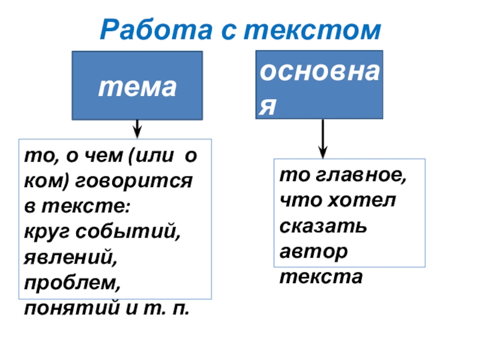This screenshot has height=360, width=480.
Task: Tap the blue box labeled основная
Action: click(319, 84)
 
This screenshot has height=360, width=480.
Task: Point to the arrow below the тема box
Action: click(137, 128)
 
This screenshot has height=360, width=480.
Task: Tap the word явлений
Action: click(70, 257)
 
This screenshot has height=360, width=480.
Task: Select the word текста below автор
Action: click(322, 277)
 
